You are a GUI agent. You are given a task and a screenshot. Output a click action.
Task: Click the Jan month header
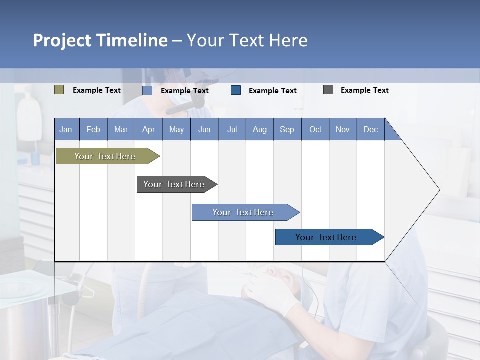pyautogui.click(x=66, y=129)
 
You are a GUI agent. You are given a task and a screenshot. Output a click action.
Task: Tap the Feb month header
pyautogui.click(x=93, y=129)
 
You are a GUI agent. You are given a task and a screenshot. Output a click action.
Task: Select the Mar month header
pyautogui.click(x=121, y=129)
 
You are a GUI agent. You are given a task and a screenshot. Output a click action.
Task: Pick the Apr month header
pyautogui.click(x=149, y=129)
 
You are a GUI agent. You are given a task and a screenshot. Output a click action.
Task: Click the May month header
pyautogui.click(x=176, y=129)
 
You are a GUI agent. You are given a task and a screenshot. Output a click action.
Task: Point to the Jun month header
pyautogui.click(x=204, y=129)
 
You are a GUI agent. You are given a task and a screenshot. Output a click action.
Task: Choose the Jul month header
pyautogui.click(x=232, y=129)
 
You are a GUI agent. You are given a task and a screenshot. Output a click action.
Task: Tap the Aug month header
pyautogui.click(x=260, y=129)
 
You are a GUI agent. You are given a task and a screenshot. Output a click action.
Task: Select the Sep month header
pyautogui.click(x=287, y=129)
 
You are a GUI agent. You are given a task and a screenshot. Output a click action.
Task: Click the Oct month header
pyautogui.click(x=315, y=129)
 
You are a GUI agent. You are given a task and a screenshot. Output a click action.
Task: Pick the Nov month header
pyautogui.click(x=343, y=129)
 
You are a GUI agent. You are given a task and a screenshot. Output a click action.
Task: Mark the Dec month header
pyautogui.click(x=371, y=129)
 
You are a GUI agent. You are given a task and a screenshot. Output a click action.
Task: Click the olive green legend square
pyautogui.click(x=59, y=90)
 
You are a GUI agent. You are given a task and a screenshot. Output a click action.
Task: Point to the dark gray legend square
pyautogui.click(x=328, y=90)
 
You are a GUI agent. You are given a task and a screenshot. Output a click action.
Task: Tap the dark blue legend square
pyautogui.click(x=236, y=90)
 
